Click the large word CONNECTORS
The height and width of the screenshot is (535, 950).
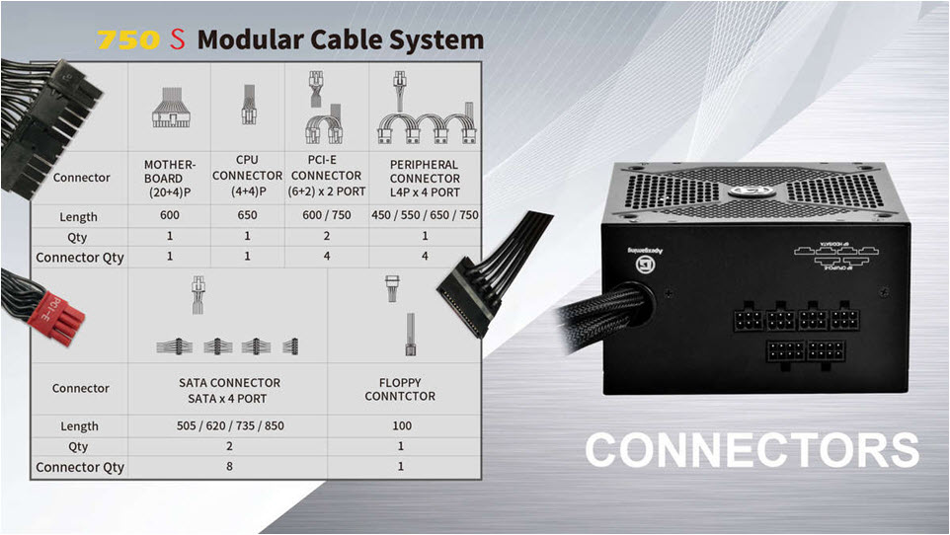point(752,450)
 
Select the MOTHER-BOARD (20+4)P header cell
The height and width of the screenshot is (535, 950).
point(170,178)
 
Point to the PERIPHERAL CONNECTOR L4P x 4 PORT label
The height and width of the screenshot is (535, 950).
point(424,178)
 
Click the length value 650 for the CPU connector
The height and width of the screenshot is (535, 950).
point(247,216)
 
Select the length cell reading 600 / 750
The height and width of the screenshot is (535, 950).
point(327,216)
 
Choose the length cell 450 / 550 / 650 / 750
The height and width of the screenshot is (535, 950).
point(425,216)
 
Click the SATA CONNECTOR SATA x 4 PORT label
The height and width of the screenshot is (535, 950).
point(229,389)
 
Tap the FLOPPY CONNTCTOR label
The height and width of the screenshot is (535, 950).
point(399,389)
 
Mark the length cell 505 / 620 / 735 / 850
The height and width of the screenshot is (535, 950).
point(229,426)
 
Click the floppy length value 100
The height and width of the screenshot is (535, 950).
point(400,426)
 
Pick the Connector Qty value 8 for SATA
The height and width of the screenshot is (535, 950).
point(229,466)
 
